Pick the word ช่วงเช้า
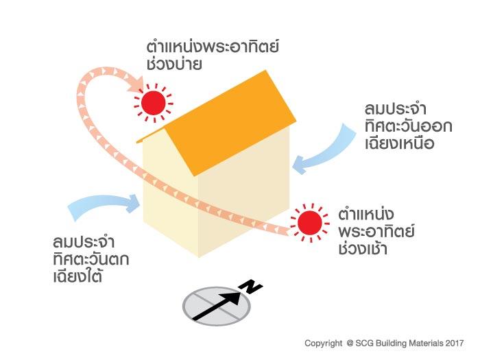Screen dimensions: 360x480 363,248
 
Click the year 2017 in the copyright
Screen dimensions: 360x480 455,341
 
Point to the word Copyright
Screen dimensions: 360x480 323,341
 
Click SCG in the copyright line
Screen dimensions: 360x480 367,341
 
